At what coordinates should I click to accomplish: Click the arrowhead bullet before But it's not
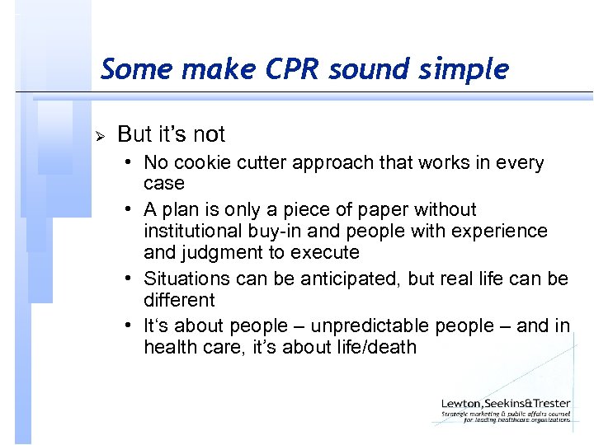click(101, 135)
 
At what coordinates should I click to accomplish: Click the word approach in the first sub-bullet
click(335, 163)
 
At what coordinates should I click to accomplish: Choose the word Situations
click(182, 279)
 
